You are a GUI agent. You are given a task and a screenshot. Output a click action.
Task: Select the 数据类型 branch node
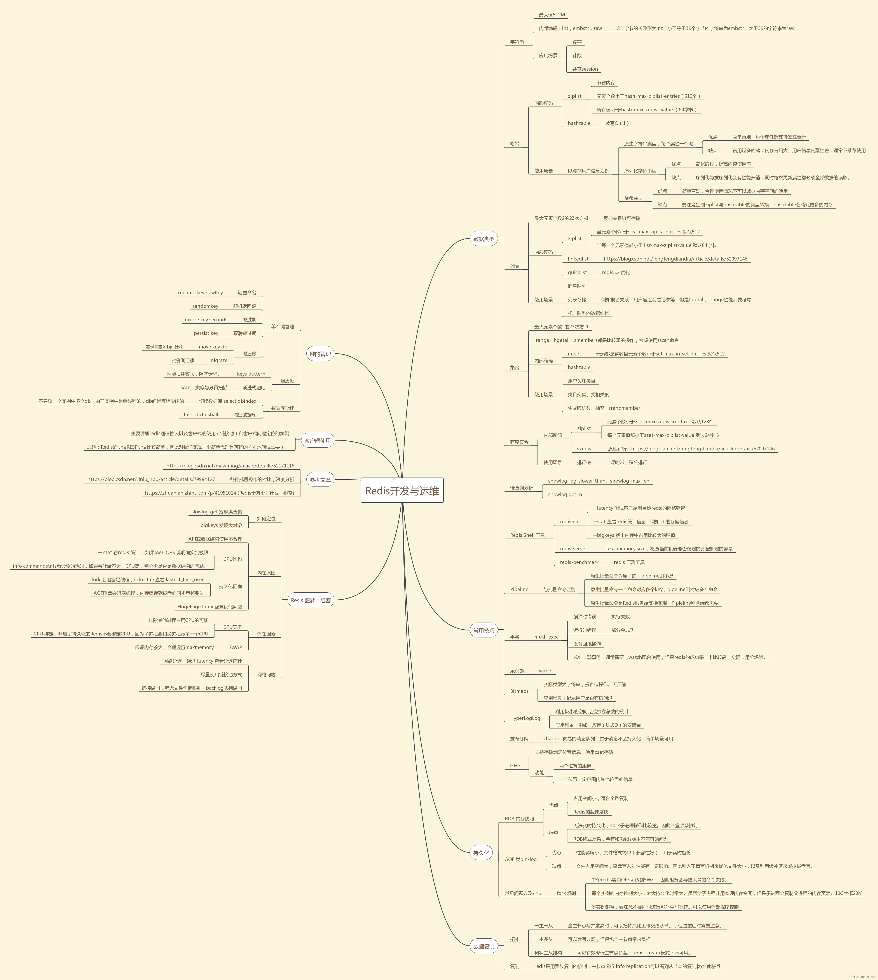[x=483, y=239]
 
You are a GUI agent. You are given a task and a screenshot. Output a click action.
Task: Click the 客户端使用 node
[x=318, y=441]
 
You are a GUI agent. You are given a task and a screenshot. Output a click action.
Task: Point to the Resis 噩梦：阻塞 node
[x=311, y=600]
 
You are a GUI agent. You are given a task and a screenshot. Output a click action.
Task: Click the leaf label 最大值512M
[x=552, y=15]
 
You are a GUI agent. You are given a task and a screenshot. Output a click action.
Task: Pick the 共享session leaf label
[x=585, y=69]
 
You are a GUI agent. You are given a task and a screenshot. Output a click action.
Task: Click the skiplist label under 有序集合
[x=585, y=449]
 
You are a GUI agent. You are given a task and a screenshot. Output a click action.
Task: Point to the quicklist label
[x=577, y=273]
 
